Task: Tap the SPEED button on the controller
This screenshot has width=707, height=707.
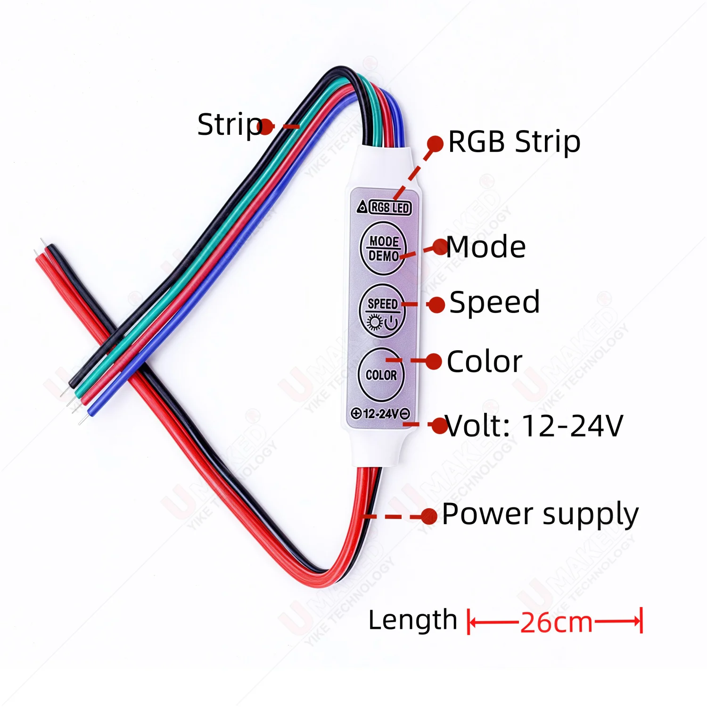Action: click(382, 311)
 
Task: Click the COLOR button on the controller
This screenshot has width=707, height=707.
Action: click(381, 375)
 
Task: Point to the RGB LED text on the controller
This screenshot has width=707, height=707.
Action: click(390, 207)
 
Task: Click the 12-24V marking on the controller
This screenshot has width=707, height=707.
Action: click(381, 414)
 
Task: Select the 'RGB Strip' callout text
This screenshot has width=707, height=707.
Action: click(514, 141)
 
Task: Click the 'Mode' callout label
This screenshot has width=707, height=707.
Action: click(486, 247)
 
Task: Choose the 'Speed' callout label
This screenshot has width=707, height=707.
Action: click(494, 302)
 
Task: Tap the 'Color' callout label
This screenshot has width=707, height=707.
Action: click(485, 362)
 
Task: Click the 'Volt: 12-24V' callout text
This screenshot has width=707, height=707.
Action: click(534, 426)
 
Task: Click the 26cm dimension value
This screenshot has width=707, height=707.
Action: click(556, 623)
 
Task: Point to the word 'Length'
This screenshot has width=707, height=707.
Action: click(412, 620)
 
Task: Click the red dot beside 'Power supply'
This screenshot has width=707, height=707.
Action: click(429, 517)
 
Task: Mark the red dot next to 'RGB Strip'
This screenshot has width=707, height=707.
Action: click(436, 144)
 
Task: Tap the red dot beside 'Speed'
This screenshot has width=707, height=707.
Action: click(437, 304)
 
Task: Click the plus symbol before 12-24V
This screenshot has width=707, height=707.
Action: click(356, 414)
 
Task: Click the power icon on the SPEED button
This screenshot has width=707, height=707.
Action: click(391, 323)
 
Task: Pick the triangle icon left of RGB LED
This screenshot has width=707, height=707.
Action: click(362, 206)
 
